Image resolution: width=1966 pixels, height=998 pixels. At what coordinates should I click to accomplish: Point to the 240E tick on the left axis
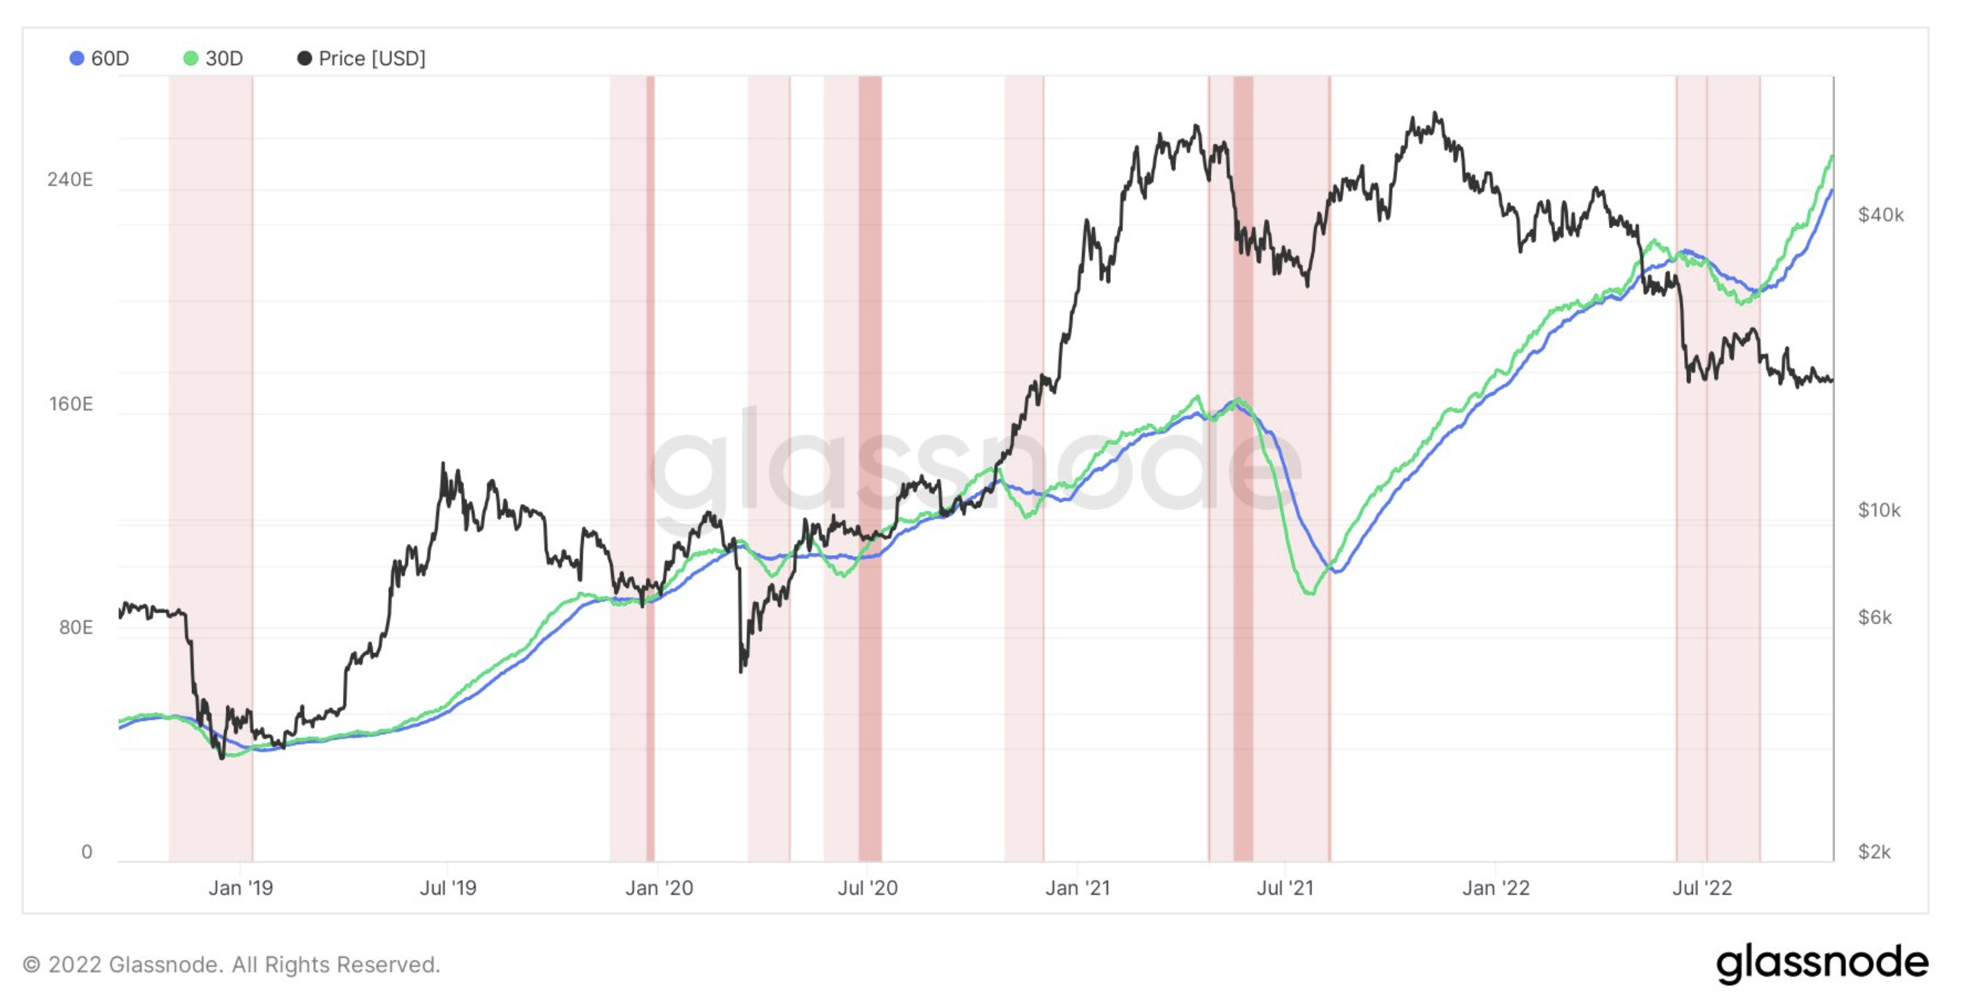70,179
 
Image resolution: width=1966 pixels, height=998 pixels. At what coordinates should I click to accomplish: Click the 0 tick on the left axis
87,852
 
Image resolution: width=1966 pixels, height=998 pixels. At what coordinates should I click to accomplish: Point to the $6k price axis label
1875,617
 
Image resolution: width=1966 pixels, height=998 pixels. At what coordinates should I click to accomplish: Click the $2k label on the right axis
1875,852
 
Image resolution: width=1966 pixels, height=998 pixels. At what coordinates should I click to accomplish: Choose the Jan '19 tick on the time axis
240,888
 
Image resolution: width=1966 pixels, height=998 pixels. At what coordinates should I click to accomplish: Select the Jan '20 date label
658,888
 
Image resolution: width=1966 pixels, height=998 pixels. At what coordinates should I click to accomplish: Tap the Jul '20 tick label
868,888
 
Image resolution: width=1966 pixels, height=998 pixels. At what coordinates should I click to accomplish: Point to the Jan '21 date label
1077,888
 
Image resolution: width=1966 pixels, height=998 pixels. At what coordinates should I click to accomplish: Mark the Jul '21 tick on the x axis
1285,888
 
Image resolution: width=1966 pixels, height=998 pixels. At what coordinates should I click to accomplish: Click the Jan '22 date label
1496,888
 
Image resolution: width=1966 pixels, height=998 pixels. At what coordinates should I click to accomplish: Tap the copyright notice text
232,964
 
